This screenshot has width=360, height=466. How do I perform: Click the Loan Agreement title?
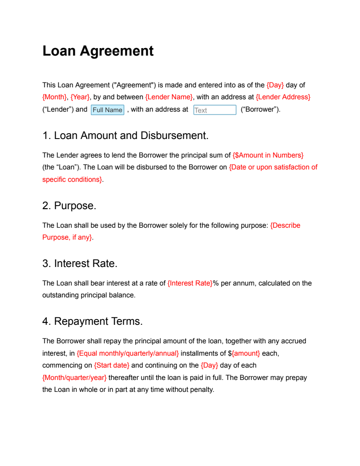[98, 51]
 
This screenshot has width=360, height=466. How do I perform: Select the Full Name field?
[107, 110]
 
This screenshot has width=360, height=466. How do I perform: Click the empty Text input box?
[215, 110]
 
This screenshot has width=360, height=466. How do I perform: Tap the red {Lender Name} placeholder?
[169, 97]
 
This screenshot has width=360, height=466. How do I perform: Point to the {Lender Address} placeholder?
[283, 97]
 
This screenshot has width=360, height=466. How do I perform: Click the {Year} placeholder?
[80, 97]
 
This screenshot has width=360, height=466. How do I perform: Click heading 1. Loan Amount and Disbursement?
[125, 135]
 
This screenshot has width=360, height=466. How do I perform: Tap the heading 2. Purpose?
[69, 206]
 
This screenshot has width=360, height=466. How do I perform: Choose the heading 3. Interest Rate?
[80, 263]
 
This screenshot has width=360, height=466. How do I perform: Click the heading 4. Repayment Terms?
[92, 322]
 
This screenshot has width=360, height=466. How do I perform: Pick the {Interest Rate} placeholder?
[190, 283]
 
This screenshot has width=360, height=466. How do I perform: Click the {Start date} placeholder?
[112, 365]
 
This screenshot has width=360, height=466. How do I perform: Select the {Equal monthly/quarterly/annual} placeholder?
[128, 353]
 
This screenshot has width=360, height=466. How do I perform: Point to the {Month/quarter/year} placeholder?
[75, 378]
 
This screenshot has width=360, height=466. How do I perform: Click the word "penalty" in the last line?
[201, 390]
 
